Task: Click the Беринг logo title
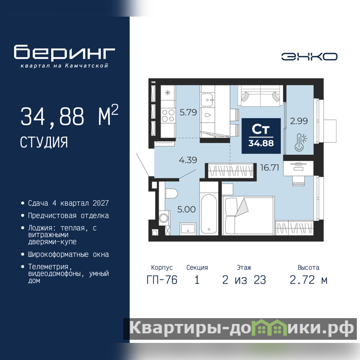click(x=64, y=52)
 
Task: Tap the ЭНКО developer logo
click(x=309, y=57)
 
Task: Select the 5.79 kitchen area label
click(x=188, y=112)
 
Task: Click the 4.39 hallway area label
click(x=188, y=160)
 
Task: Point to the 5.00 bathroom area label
click(x=186, y=209)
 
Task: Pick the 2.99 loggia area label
click(x=299, y=121)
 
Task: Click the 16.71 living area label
click(x=270, y=167)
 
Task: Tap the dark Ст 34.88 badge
click(x=261, y=136)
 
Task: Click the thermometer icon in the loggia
click(x=301, y=143)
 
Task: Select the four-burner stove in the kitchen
click(x=168, y=116)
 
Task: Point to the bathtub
click(x=209, y=213)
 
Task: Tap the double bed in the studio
click(x=248, y=216)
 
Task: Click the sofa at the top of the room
click(x=261, y=96)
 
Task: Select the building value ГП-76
click(x=162, y=280)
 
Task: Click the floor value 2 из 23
click(x=244, y=280)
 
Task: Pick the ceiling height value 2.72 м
click(x=308, y=280)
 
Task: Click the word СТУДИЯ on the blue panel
click(x=44, y=142)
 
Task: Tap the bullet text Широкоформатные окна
click(x=68, y=254)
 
